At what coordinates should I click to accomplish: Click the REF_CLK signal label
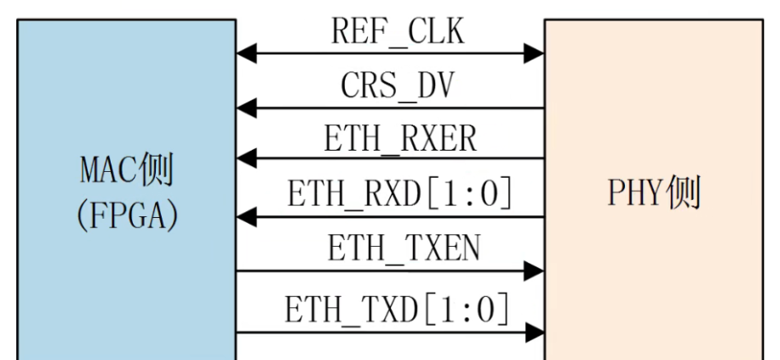(398, 31)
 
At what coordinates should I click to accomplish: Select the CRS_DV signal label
(398, 85)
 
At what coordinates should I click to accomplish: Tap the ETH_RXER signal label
(400, 138)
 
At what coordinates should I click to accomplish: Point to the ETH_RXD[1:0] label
(399, 193)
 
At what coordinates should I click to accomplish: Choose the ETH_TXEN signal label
(404, 248)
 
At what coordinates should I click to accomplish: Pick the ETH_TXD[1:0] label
(398, 309)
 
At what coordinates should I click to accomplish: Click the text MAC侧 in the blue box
(126, 170)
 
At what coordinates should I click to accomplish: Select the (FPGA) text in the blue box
(127, 215)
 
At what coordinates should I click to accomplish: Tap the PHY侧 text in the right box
(654, 192)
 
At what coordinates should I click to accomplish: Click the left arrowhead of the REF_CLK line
(246, 54)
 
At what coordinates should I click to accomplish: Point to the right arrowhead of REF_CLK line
(534, 54)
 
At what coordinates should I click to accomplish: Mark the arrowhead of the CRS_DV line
(246, 108)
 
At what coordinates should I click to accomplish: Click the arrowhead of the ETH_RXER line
(246, 158)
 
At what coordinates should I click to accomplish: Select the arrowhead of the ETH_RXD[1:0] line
(246, 217)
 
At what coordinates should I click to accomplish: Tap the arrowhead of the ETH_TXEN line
(534, 271)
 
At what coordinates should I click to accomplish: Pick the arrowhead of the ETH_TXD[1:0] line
(534, 332)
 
